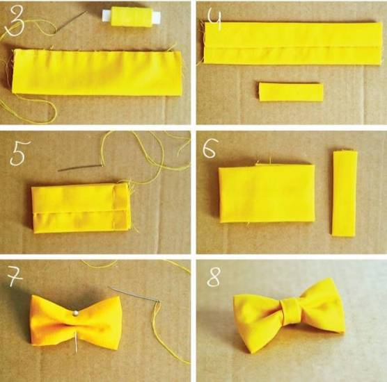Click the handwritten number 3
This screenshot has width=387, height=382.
point(15,21)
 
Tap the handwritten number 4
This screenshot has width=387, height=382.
point(214,19)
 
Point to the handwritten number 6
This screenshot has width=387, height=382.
point(210,148)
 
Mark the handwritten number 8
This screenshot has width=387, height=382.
point(213,277)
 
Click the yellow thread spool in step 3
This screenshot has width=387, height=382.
point(132,17)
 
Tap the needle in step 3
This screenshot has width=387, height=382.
point(72,22)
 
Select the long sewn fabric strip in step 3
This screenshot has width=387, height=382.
point(97,72)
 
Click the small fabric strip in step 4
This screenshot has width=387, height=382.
point(291,92)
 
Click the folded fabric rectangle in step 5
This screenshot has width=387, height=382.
point(81,208)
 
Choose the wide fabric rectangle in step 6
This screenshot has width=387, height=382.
point(267,194)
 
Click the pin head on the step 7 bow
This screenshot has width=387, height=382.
point(76,313)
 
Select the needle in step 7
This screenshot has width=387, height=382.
point(134,294)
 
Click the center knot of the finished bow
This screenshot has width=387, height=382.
point(291,311)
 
